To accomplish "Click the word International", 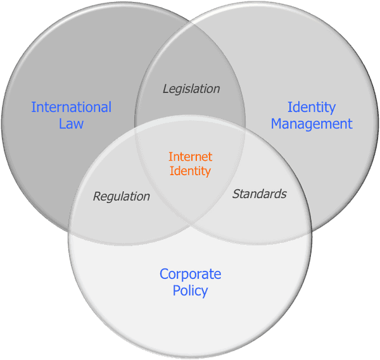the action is [71, 107].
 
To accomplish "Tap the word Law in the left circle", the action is [71, 123].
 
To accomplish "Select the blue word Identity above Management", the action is [312, 108].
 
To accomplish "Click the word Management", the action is [312, 125].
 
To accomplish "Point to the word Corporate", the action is [190, 275].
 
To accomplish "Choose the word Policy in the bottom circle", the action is [190, 291].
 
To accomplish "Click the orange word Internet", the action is [190, 157].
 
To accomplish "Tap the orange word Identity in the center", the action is [190, 171].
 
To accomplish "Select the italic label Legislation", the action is [191, 89].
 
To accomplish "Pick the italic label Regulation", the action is [122, 197].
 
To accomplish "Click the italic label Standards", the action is [260, 194].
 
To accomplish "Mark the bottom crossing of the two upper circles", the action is [190, 227].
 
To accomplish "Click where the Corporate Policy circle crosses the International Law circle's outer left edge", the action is [69, 231].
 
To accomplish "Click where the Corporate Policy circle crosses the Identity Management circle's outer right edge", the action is [312, 231].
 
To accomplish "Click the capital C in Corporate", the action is [164, 275].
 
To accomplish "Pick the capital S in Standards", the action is [236, 194].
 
